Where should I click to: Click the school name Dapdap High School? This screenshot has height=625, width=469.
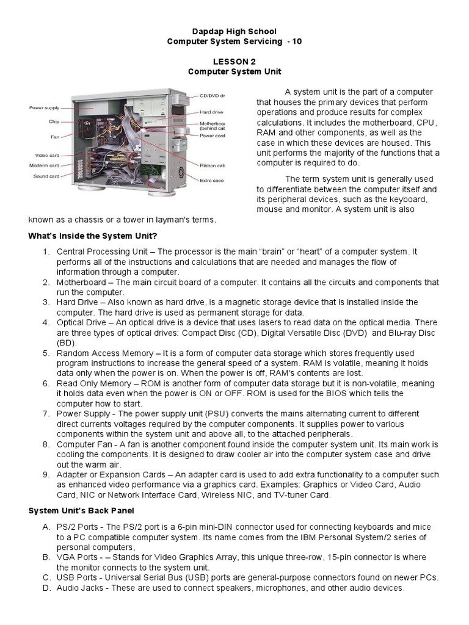point(234,31)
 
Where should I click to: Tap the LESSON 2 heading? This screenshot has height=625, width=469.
point(234,62)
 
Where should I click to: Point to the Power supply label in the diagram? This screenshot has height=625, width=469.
point(45,108)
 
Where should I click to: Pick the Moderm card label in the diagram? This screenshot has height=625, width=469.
point(44,165)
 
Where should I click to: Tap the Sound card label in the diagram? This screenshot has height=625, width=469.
point(46,176)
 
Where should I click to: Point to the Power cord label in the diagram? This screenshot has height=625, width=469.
point(213,136)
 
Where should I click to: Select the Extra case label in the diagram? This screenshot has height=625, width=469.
point(213,180)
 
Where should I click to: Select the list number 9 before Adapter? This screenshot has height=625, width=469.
point(46,474)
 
